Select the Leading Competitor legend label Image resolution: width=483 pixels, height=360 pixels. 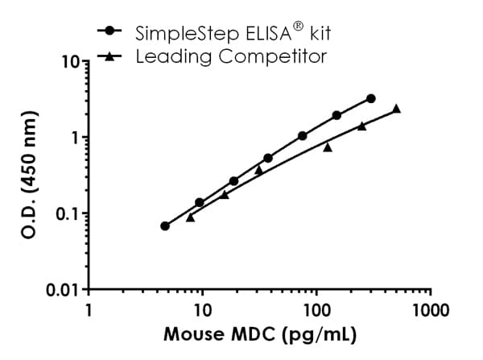coord(231,56)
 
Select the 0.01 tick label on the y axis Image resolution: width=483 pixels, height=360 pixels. coord(60,289)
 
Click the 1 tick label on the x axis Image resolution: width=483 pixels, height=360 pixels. coord(89,310)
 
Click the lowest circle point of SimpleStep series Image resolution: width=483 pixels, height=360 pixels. coord(165,226)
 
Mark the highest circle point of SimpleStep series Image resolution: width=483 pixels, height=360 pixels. coord(370,98)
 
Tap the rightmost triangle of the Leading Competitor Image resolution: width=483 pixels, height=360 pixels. coord(396,108)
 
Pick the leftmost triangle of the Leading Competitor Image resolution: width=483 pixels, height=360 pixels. coord(190,217)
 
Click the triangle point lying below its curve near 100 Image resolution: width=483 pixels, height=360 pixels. coord(328,147)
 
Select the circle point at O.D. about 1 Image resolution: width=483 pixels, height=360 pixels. coord(302,136)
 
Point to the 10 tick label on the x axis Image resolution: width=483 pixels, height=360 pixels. coord(202,310)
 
